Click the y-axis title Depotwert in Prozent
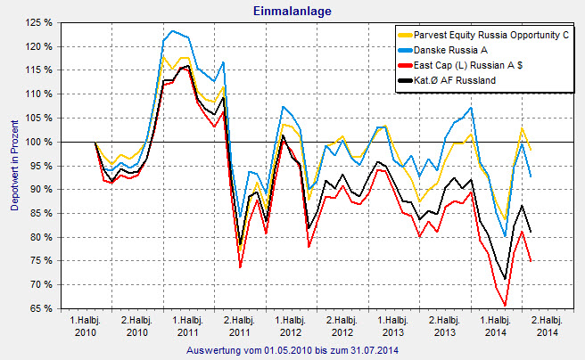coord(13,166)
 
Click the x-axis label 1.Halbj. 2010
coord(87,325)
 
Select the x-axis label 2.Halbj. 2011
coord(240,325)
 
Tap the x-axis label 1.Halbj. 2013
coord(393,325)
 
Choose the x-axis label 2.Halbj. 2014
coord(546,325)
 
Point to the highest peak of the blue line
coord(172,31)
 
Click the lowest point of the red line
coord(505,305)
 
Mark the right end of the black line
coord(531,232)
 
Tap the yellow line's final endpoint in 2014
coord(531,149)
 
